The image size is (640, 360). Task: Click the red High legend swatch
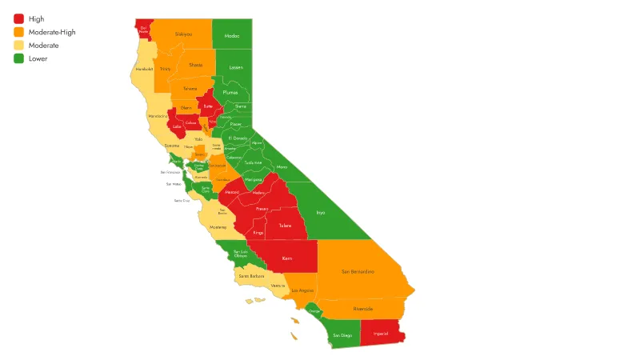pyautogui.click(x=18, y=18)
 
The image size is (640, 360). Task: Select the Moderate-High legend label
pyautogui.click(x=53, y=32)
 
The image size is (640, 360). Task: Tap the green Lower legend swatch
pyautogui.click(x=18, y=58)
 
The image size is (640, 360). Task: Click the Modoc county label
pyautogui.click(x=232, y=36)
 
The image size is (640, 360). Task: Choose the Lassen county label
pyautogui.click(x=236, y=67)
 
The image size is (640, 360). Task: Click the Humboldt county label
pyautogui.click(x=144, y=70)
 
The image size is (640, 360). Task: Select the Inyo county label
pyautogui.click(x=321, y=213)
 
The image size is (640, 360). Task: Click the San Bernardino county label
pyautogui.click(x=358, y=272)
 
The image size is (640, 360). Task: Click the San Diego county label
pyautogui.click(x=342, y=334)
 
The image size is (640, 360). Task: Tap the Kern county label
pyautogui.click(x=287, y=258)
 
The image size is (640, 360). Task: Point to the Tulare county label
pyautogui.click(x=285, y=226)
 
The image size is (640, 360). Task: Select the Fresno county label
pyautogui.click(x=262, y=209)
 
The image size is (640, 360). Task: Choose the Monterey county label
pyautogui.click(x=218, y=227)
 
